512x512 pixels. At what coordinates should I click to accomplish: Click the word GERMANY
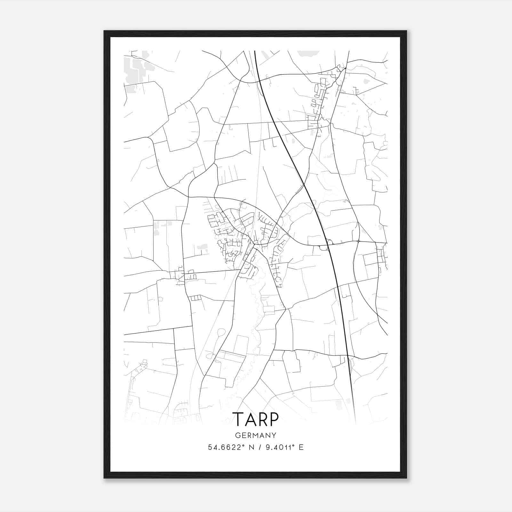click(x=256, y=435)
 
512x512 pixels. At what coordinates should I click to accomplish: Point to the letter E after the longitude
click(x=301, y=447)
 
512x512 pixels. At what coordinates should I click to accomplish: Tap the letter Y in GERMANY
click(x=274, y=435)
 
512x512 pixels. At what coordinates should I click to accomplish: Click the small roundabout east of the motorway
click(x=358, y=241)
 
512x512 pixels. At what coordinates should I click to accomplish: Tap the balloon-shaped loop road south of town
click(x=221, y=332)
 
